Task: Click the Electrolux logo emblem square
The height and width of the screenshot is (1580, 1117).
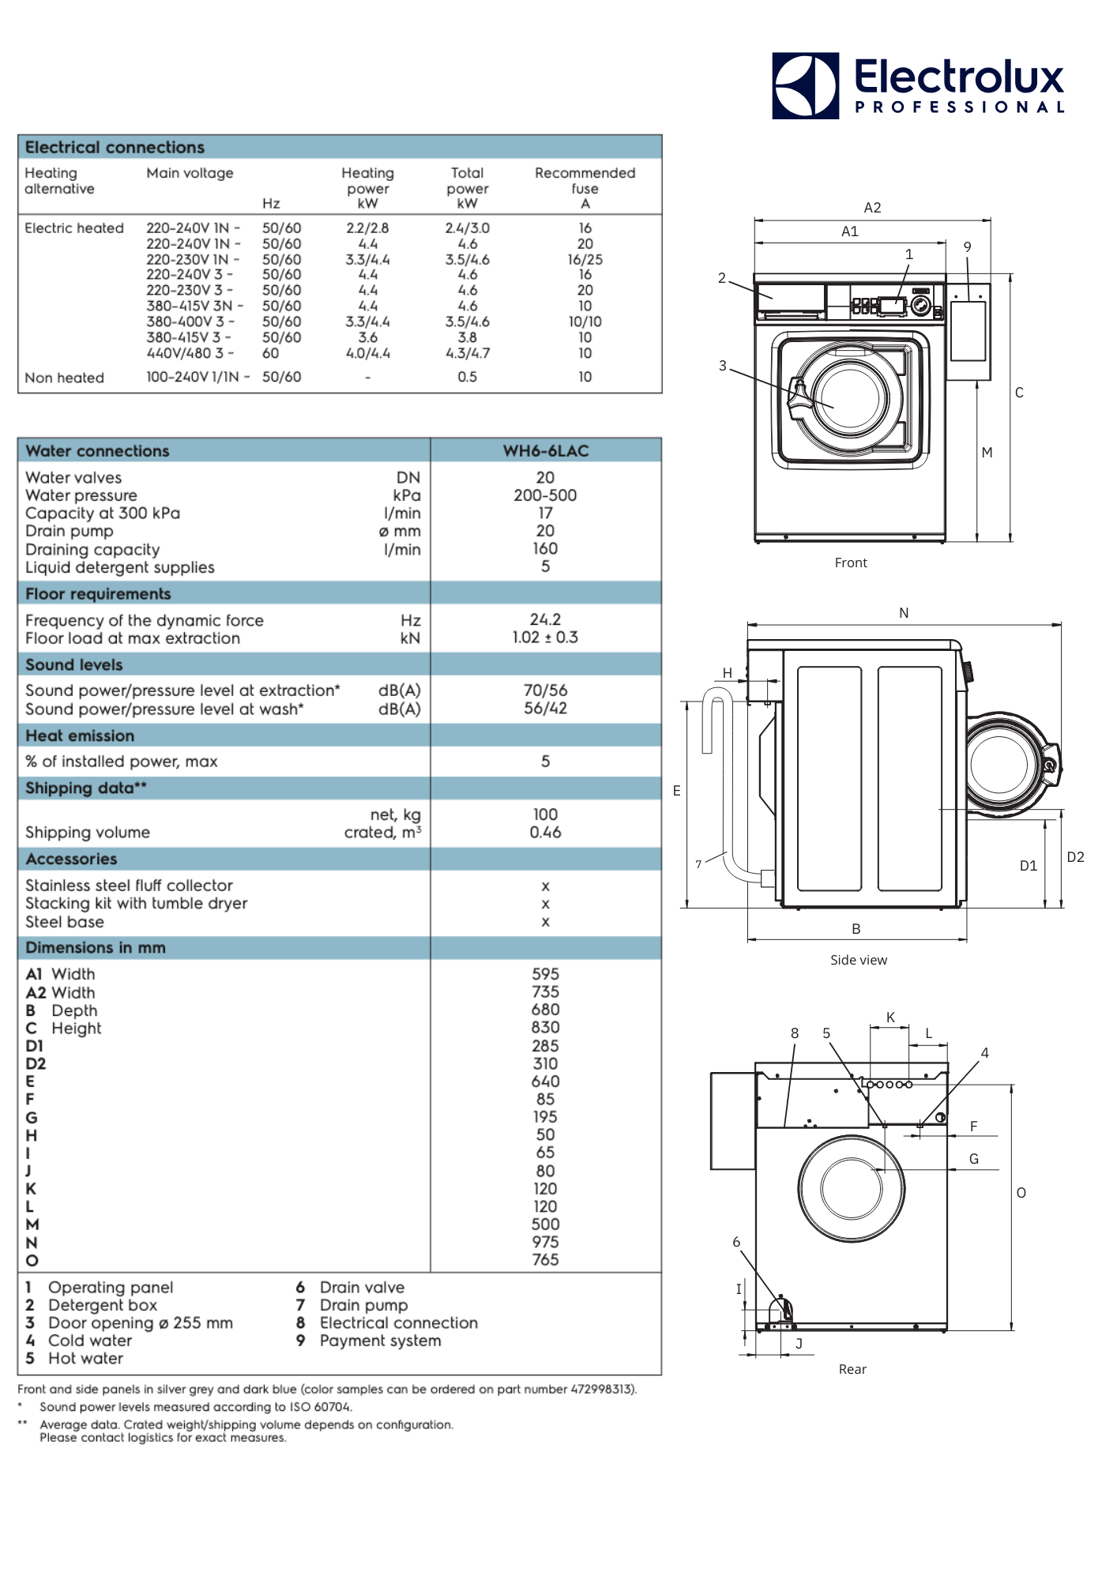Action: [x=805, y=86]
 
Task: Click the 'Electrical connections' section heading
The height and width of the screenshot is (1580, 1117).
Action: [x=115, y=148]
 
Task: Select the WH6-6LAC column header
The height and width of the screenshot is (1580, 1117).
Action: [x=545, y=451]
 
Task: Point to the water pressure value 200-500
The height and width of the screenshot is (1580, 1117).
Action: [x=545, y=495]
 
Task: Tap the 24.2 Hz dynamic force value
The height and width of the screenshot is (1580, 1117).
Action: [x=545, y=620]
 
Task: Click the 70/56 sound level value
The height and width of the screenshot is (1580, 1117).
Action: [x=545, y=690]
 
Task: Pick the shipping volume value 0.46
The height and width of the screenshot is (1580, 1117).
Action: [x=545, y=833]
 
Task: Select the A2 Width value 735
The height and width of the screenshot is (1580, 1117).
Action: [x=545, y=992]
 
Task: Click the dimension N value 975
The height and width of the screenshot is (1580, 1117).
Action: [x=545, y=1243]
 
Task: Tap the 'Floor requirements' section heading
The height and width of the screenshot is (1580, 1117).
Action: [x=98, y=594]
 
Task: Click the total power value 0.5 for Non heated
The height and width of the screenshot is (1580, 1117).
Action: [x=467, y=378]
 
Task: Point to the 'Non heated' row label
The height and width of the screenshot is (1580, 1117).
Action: [x=64, y=378]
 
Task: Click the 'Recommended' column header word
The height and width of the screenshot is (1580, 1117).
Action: [x=585, y=173]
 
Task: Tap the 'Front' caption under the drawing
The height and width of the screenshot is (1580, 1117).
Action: [x=851, y=563]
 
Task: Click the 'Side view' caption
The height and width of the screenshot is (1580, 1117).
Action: [x=859, y=961]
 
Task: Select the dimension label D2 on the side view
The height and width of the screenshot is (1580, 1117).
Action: [x=1075, y=857]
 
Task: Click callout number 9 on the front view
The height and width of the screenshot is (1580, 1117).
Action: [x=967, y=247]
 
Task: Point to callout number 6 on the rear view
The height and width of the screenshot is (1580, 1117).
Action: [x=736, y=1243]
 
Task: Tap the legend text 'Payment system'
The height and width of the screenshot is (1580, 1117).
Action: [x=380, y=1341]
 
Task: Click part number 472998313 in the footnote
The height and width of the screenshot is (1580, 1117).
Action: [x=602, y=1390]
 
